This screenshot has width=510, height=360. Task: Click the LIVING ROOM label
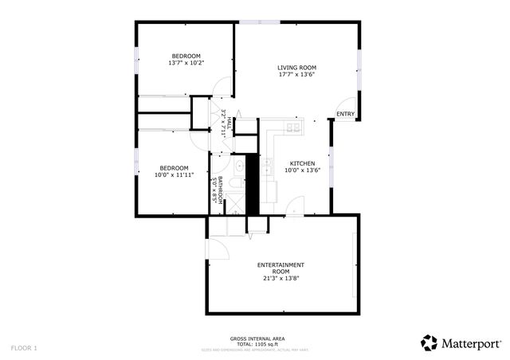[297, 68]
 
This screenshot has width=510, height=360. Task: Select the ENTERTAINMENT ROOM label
[280, 268]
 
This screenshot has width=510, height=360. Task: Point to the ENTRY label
[345, 115]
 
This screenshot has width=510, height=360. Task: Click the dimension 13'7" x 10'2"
[186, 63]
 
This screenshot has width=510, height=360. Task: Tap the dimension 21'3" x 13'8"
[280, 279]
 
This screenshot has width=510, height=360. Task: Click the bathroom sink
[238, 166]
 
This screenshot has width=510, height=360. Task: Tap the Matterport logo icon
[430, 342]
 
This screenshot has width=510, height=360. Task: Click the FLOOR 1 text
[24, 348]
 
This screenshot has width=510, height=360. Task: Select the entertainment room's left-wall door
[213, 248]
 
